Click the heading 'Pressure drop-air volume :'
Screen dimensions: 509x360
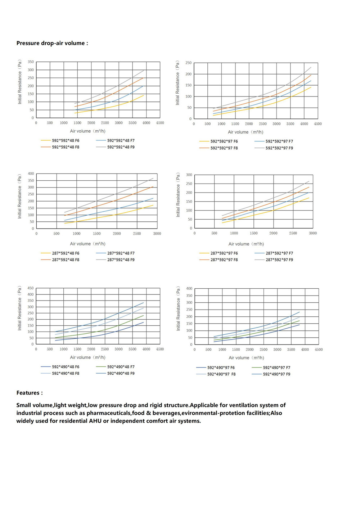pos(52,43)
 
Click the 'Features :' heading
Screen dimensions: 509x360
pos(30,393)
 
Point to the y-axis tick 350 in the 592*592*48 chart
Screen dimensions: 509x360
pos(31,62)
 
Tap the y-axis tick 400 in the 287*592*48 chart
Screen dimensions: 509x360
pos(31,174)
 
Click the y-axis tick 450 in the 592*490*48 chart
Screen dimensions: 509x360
pos(31,288)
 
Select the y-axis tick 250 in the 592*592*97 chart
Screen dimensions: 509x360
pos(189,63)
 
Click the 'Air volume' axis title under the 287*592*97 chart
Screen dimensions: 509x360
pos(246,244)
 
